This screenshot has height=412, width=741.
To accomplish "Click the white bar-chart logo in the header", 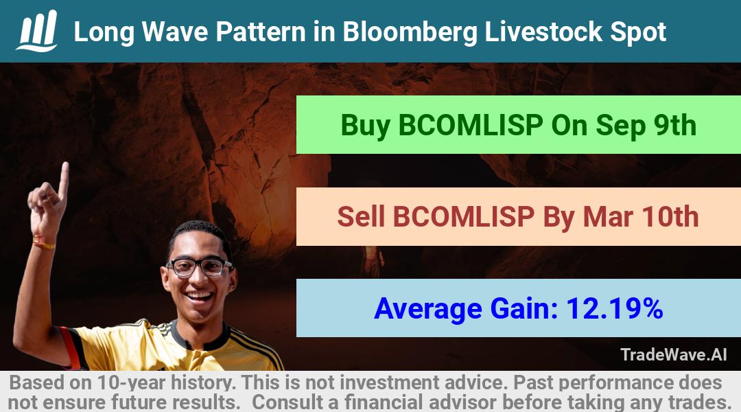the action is pos(37,31).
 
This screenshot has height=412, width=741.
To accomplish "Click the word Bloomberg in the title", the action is pos(410,32).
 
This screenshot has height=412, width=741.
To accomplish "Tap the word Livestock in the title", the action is pos(543,32).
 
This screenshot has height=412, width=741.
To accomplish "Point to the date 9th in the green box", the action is pos(675,126).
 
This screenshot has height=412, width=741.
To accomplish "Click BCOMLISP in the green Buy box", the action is pos(471,126).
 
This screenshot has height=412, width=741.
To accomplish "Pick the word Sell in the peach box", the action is pos(361,216).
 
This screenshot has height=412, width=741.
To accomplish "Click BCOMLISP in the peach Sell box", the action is pos(464,216).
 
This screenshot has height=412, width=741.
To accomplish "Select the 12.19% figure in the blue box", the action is pos(614,308).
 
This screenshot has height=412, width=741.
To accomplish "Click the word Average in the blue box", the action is pos(428,309).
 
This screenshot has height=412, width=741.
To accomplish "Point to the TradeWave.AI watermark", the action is pos(674,354).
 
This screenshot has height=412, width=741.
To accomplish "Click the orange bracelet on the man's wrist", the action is pos(43,243).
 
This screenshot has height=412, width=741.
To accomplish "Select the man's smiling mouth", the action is pos(200,297).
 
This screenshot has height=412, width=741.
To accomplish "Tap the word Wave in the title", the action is pos(175,32).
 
